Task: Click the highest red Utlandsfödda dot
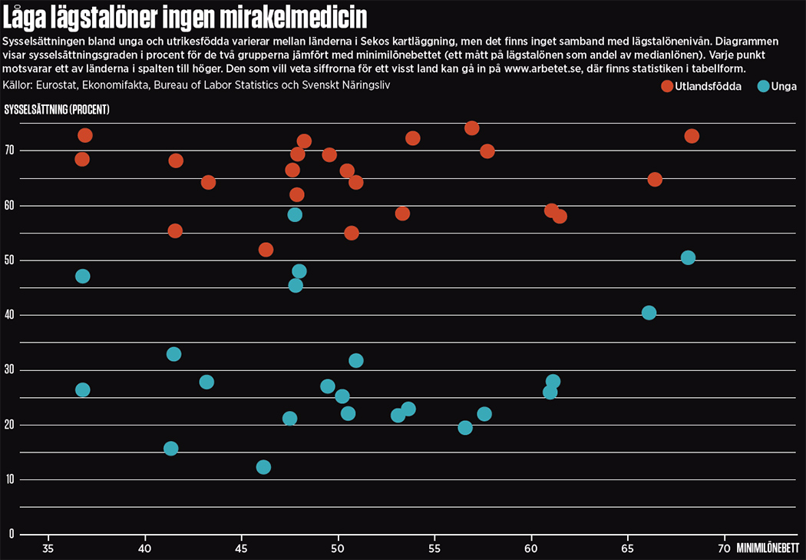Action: coord(472,128)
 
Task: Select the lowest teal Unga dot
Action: coord(263,467)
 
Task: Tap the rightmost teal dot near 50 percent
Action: coord(688,257)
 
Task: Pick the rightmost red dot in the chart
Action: coord(692,136)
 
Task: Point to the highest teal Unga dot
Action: coord(295,214)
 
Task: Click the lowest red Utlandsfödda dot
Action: coord(266,250)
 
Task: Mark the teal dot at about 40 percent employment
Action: coord(649,313)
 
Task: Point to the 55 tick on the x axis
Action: coord(434,548)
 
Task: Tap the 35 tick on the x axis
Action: coord(48,548)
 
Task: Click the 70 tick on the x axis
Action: coord(723,548)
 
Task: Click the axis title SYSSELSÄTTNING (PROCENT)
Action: coord(58,110)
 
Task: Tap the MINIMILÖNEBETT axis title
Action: coord(768,548)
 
